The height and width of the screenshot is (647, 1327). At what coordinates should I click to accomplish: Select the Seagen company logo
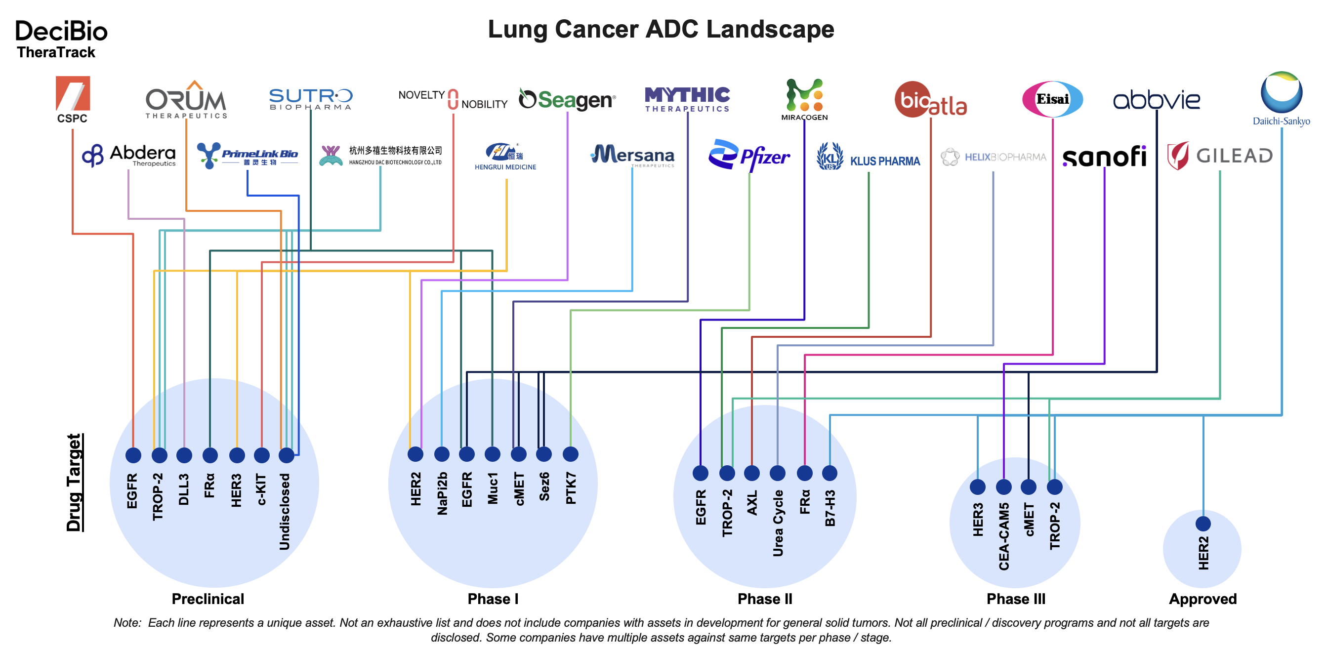[567, 99]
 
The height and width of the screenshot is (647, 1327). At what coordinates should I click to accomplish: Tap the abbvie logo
[1157, 99]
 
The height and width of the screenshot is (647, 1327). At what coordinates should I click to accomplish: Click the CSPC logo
[73, 99]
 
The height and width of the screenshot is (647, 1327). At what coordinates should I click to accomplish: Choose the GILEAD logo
[1220, 156]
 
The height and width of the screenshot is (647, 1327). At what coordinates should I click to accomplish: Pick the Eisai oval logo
[1052, 99]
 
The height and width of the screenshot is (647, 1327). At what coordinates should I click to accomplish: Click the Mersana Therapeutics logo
[632, 155]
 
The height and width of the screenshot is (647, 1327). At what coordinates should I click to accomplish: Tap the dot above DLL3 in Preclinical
[184, 455]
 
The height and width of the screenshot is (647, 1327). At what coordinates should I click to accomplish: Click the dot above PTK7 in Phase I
[570, 454]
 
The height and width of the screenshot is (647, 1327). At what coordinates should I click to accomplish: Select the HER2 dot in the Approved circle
[1203, 524]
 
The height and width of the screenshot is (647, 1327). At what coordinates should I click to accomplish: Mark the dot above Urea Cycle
[777, 473]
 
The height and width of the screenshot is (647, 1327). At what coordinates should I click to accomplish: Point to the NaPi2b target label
[442, 493]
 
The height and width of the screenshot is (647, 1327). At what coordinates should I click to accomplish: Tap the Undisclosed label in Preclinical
[285, 512]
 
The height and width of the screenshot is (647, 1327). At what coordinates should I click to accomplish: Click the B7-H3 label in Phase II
[830, 508]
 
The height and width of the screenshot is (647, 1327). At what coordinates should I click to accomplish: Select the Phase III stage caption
[1015, 599]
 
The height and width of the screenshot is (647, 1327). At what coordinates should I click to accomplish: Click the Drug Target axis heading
[75, 482]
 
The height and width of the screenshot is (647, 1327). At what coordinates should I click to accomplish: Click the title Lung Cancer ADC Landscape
[661, 29]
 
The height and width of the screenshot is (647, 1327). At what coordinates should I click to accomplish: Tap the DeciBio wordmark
[61, 32]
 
